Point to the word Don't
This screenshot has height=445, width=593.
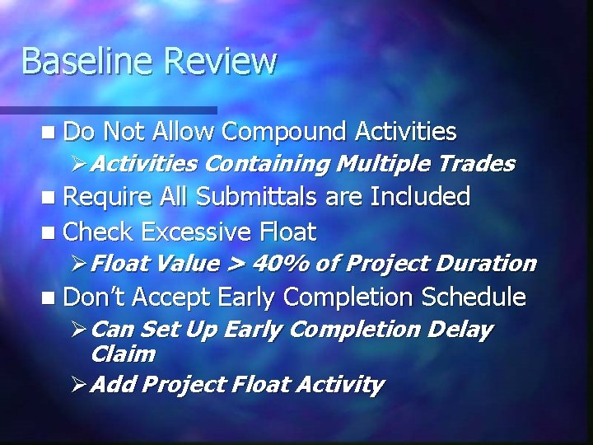tap(92, 297)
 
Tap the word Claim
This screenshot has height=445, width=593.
tap(123, 354)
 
